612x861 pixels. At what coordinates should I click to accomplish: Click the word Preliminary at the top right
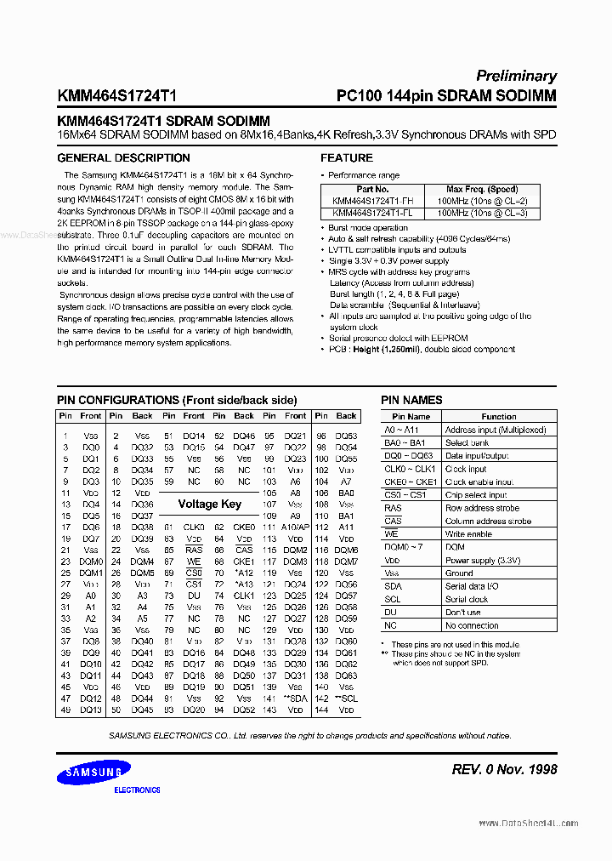(516, 76)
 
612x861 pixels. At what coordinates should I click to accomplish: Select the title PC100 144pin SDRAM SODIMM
(446, 96)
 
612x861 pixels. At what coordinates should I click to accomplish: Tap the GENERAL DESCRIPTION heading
(123, 158)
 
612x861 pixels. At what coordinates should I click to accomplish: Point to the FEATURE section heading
(346, 158)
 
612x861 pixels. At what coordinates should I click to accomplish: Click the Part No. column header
(372, 190)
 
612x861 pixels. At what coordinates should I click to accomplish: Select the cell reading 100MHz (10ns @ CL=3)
(482, 213)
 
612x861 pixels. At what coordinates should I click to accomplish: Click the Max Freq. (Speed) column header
(482, 190)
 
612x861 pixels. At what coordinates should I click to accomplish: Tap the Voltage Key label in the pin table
(209, 504)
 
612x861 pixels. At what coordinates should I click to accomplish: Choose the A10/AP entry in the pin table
(295, 527)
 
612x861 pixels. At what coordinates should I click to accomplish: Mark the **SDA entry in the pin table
(295, 698)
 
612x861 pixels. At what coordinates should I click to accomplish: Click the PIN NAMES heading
(411, 400)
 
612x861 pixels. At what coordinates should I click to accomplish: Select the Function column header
(498, 417)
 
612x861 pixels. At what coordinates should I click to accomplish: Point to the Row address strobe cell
(482, 508)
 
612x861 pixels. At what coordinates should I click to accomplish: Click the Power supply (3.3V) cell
(484, 561)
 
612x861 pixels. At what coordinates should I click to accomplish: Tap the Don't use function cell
(463, 613)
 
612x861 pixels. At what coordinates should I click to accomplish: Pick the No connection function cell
(472, 625)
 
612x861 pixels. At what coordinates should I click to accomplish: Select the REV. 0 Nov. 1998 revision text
(504, 769)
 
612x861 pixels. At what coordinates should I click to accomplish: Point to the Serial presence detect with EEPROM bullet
(398, 338)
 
